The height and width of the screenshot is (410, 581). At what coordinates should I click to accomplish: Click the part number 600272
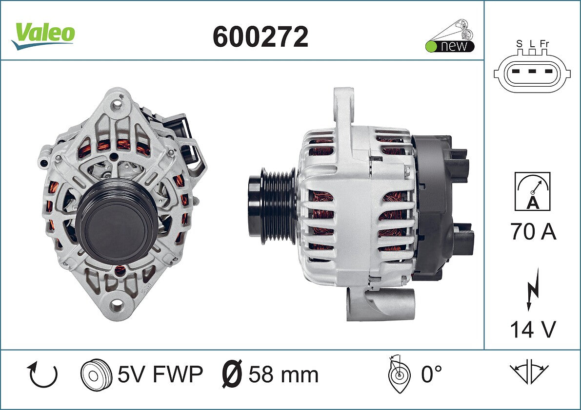coord(260,37)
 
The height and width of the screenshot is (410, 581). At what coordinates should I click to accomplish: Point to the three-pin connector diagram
coord(532,72)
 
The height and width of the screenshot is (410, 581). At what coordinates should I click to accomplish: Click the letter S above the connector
coord(520,44)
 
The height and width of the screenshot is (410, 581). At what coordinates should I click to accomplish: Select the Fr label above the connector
coord(544,44)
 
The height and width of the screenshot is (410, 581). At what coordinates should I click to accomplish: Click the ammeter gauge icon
coord(532,191)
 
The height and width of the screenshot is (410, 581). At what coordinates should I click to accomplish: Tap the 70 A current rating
coord(533,231)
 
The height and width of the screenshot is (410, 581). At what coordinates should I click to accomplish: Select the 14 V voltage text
coord(533,329)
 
